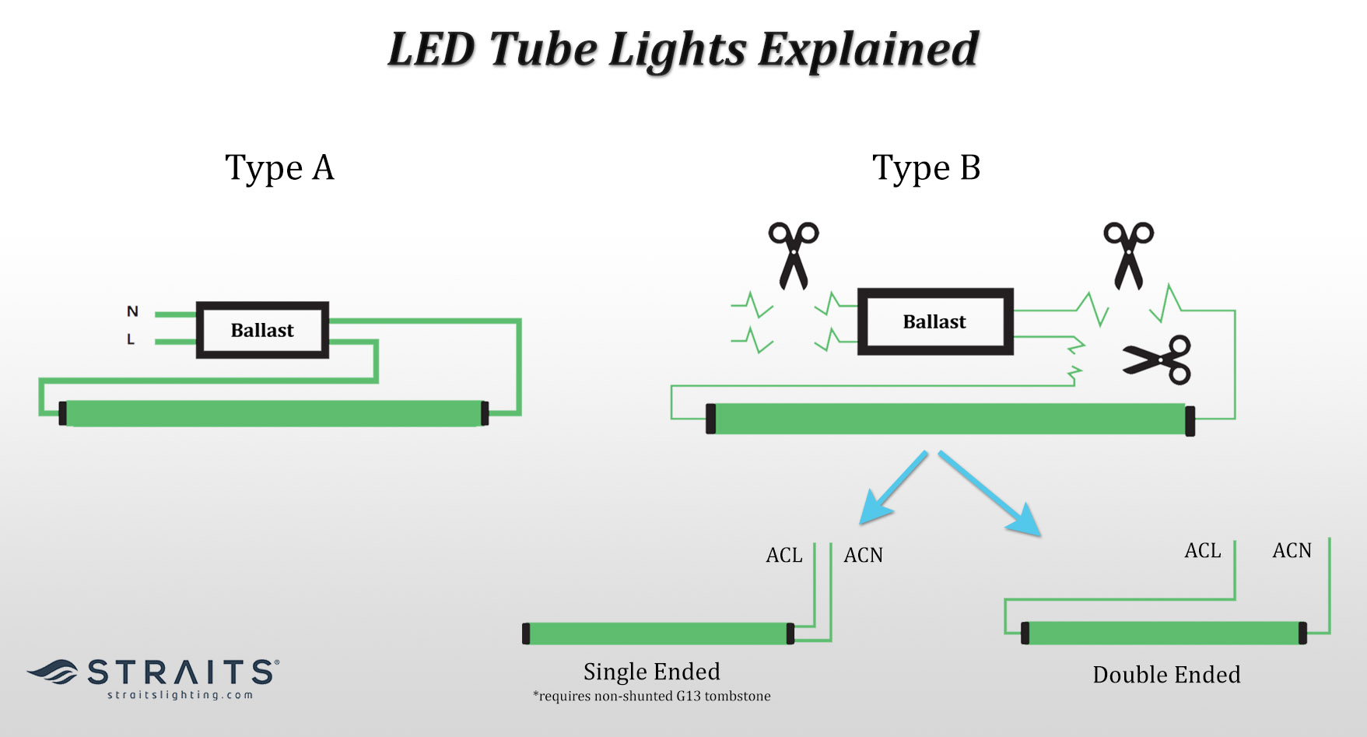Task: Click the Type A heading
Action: [279, 168]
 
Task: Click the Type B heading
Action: [926, 168]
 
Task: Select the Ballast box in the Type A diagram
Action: [262, 330]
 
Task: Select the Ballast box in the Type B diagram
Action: [934, 321]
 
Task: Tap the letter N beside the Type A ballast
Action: [132, 311]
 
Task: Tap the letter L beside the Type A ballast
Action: [131, 340]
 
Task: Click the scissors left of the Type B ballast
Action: [793, 255]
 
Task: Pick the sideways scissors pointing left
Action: [1158, 360]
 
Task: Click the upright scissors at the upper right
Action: [1128, 255]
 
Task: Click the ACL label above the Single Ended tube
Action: [783, 555]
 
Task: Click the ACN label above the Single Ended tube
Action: [863, 555]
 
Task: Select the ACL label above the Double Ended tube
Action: [1202, 551]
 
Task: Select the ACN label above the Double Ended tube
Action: [1292, 551]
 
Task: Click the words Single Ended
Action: [651, 672]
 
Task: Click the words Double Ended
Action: [1165, 675]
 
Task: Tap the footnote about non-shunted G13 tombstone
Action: [651, 696]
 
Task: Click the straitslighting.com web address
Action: [181, 695]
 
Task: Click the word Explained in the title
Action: [868, 50]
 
